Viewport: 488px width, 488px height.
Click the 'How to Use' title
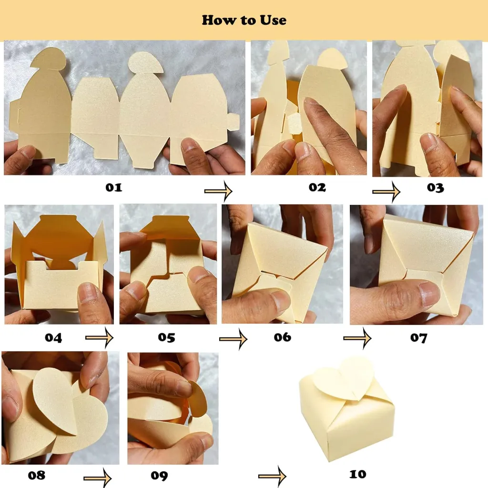coord(244,20)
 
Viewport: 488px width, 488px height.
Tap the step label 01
coord(113,187)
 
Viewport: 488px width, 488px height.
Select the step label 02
coord(317,187)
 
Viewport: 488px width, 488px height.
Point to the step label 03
coord(435,188)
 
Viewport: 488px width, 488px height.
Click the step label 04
coord(53,338)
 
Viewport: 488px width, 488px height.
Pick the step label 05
coord(166,337)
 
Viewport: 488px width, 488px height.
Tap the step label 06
coord(283,337)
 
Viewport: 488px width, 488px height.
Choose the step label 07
coord(418,338)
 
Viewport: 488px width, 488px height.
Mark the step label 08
coord(36,475)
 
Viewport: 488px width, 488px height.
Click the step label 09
coord(159,476)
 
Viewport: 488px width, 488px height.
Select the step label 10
coord(357,474)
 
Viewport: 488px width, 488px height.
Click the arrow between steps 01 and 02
coord(218,191)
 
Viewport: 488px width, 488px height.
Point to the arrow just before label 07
coord(357,338)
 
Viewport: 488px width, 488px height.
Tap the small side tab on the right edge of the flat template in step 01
coord(234,122)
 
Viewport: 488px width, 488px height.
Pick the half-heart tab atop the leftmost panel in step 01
coord(49,59)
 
